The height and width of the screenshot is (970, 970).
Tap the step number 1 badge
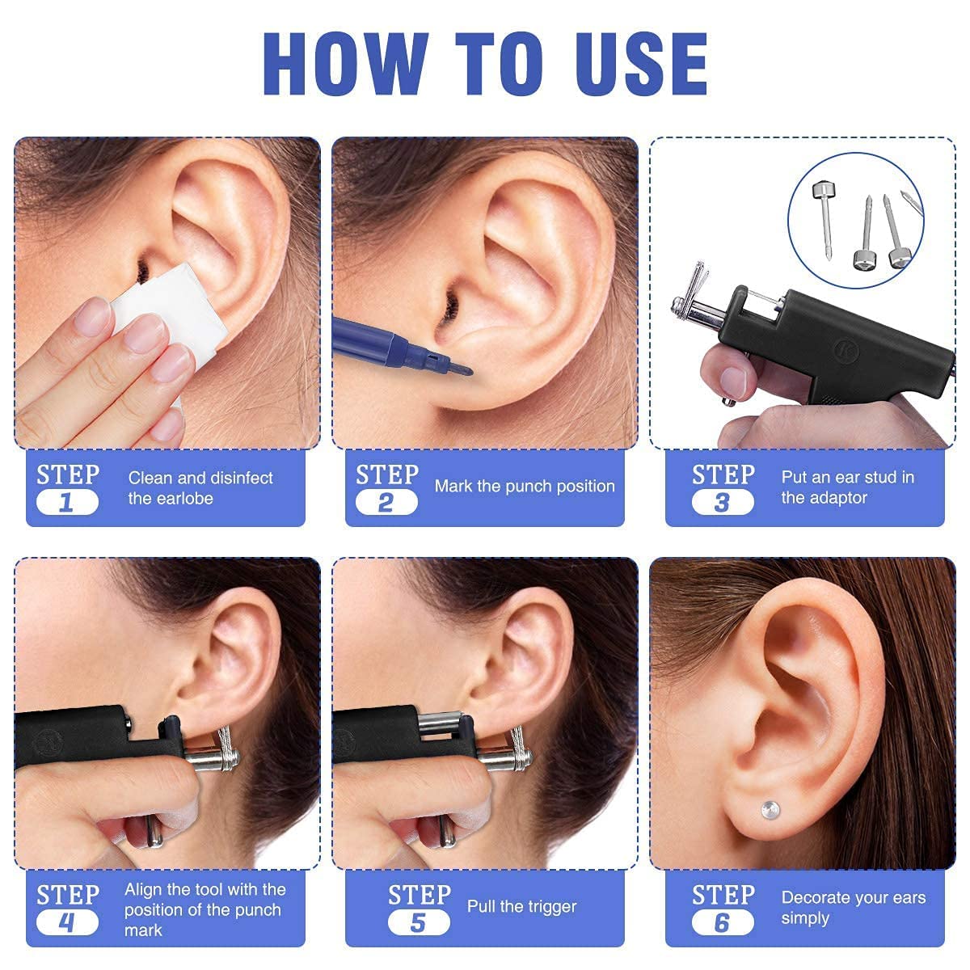(67, 503)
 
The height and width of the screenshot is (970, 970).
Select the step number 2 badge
(386, 503)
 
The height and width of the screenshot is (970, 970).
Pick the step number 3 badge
(722, 503)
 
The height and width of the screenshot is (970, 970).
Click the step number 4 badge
(67, 922)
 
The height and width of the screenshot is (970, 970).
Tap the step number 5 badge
(418, 922)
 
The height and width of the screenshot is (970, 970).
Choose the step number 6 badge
(722, 922)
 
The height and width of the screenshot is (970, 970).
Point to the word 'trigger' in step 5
(550, 907)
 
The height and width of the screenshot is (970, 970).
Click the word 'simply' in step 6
(805, 918)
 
